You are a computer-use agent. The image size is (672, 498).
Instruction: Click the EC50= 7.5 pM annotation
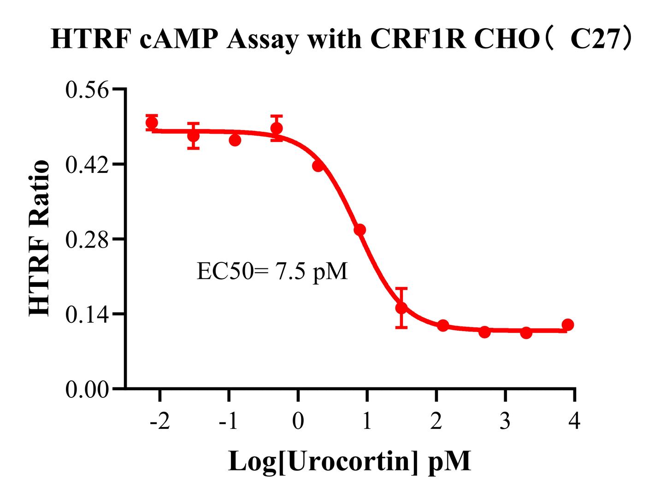[x=272, y=272]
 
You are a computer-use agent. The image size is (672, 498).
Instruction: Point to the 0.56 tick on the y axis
[x=87, y=89]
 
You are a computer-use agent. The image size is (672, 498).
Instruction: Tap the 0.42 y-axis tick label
[x=87, y=165]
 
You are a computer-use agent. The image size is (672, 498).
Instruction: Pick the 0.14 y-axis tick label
[x=87, y=315]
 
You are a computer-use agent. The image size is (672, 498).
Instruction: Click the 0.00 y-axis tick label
[x=87, y=390]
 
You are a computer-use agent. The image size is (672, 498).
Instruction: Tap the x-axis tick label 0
[x=298, y=421]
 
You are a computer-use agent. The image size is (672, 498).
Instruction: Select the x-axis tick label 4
[x=574, y=421]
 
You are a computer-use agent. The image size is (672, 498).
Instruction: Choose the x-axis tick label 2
[x=436, y=421]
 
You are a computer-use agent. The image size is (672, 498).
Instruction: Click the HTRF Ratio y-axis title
[x=40, y=239]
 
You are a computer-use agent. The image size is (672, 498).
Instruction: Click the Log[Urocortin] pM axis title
[x=350, y=461]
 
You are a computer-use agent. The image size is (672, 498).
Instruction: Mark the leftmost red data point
[x=152, y=123]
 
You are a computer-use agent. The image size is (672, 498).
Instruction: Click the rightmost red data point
[x=568, y=325]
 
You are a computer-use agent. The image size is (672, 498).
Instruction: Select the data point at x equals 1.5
[x=401, y=308]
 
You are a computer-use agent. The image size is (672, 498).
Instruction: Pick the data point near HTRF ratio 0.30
[x=360, y=230]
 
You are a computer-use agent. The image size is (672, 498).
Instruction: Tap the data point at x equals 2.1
[x=443, y=326]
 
